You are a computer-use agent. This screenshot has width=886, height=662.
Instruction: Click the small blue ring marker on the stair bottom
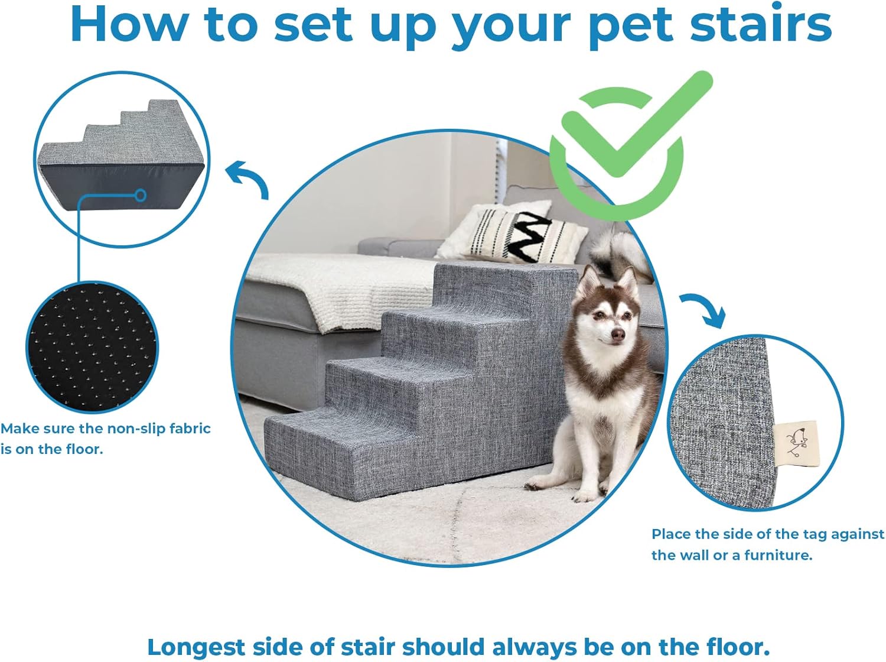(141, 194)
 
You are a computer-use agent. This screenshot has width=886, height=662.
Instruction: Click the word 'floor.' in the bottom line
(735, 647)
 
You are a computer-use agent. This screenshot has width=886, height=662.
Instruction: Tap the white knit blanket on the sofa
(354, 290)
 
